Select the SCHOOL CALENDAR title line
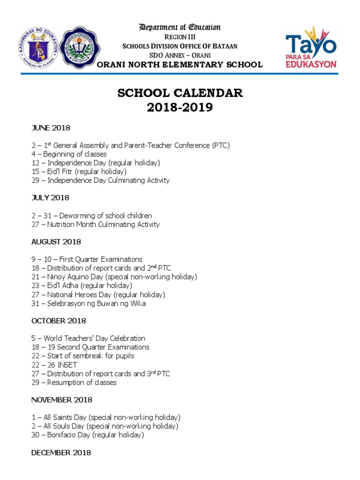click(180, 93)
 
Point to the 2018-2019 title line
click(180, 107)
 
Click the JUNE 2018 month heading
click(50, 127)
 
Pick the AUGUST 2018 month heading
click(56, 242)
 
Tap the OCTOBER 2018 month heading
click(58, 321)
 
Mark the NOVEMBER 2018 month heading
click(61, 400)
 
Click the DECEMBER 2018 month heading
click(61, 453)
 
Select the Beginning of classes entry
click(69, 154)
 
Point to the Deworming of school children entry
click(91, 216)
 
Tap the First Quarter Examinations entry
click(87, 259)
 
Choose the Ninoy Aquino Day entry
click(114, 277)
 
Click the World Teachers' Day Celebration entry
click(88, 338)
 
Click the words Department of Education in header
click(180, 27)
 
